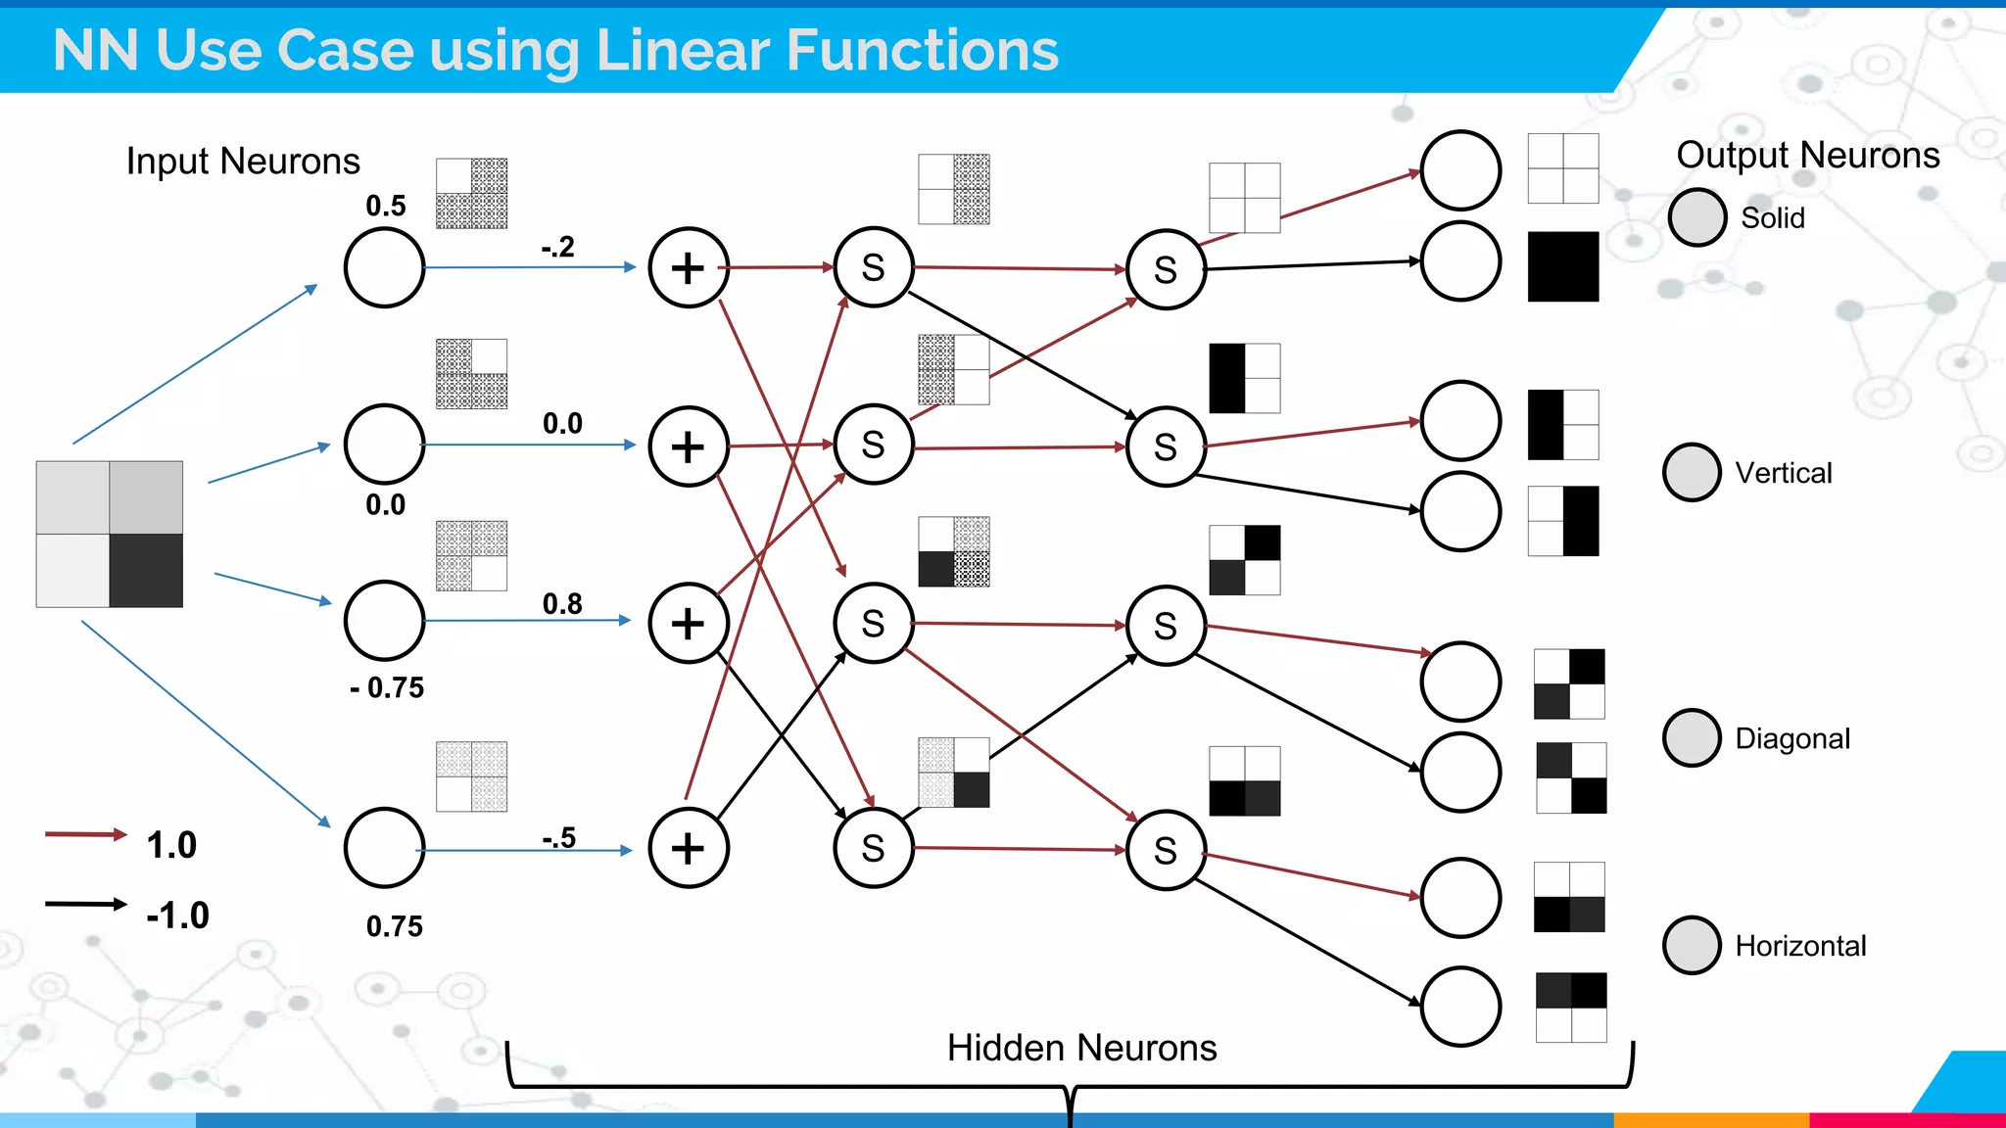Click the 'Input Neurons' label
243,162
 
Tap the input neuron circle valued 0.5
384,267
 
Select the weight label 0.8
562,603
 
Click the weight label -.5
558,838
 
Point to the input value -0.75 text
387,687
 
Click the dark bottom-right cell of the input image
146,570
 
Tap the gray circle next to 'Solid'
1696,217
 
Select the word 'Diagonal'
1792,738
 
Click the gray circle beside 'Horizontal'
1692,945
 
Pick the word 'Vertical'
1784,473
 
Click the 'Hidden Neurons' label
1081,1048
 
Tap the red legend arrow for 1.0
85,834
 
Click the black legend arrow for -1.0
85,904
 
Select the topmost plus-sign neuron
689,267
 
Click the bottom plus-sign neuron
689,848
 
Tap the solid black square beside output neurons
1563,266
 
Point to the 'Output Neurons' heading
1807,155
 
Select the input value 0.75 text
395,926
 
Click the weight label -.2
557,247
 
